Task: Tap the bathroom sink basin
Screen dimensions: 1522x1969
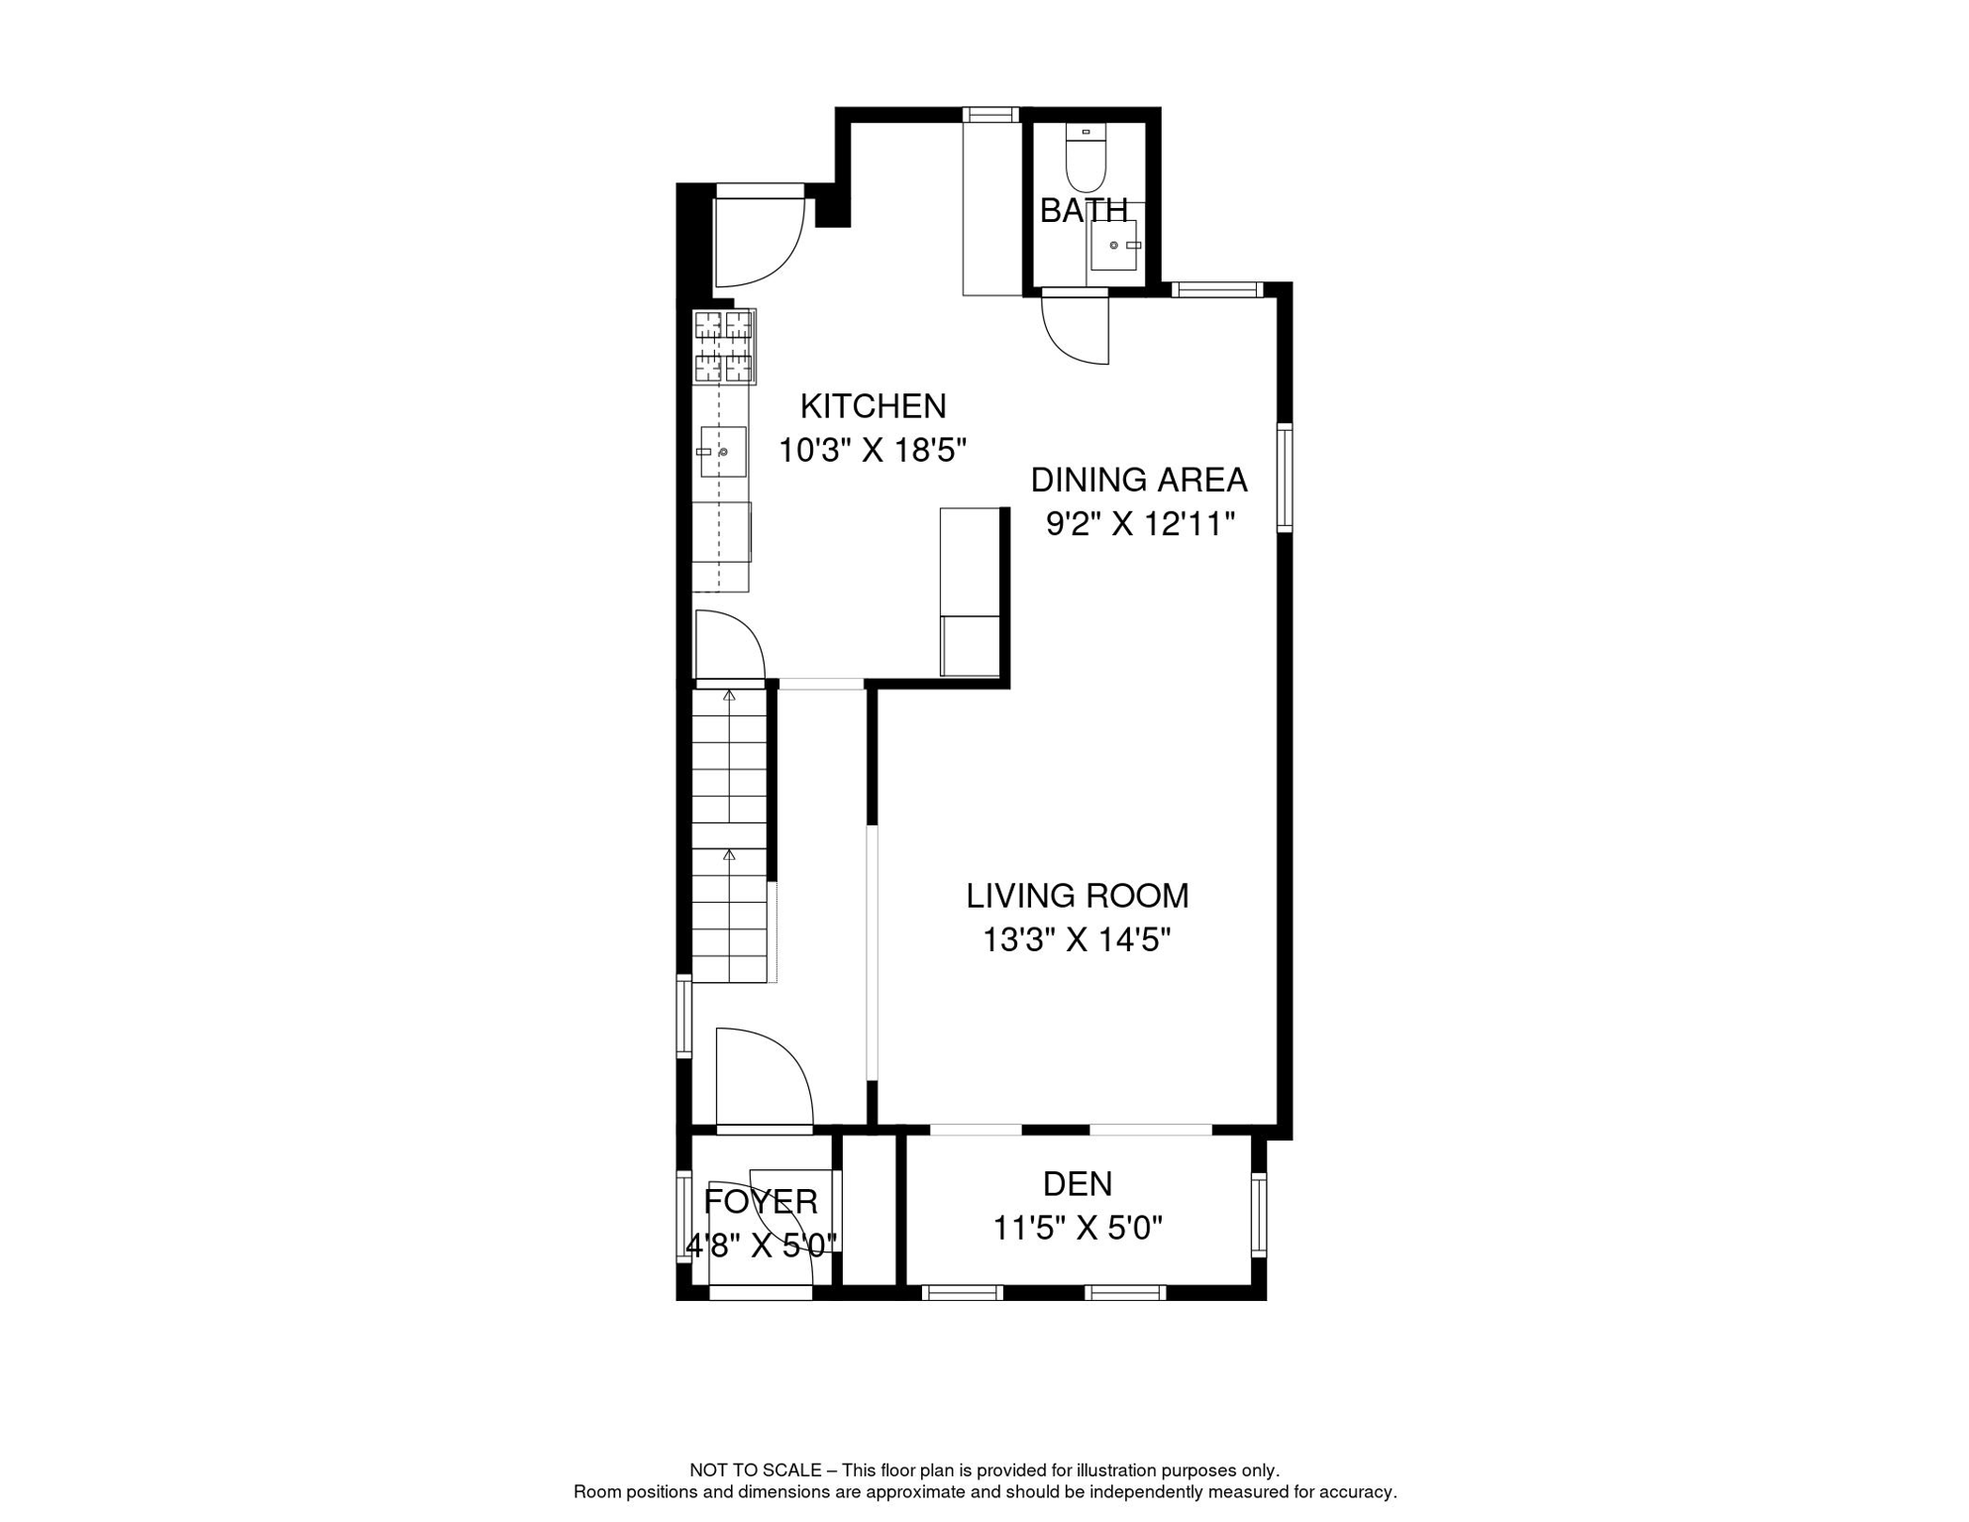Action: [1114, 245]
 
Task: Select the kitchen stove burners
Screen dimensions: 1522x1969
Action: [724, 346]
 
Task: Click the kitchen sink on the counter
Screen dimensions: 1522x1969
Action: [723, 452]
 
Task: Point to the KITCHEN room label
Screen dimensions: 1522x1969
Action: [873, 406]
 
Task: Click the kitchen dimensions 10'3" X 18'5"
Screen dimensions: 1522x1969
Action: [872, 451]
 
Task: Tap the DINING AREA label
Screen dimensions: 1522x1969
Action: [1138, 480]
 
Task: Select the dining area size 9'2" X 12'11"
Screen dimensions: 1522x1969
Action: [1140, 523]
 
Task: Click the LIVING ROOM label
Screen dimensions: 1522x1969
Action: [1077, 896]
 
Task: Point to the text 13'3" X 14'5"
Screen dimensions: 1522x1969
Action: [1077, 939]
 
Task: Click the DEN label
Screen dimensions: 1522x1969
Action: [1077, 1184]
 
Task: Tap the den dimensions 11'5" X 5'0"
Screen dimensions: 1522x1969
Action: [1077, 1229]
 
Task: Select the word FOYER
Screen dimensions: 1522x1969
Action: [760, 1202]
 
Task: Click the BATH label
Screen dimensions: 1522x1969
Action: [1084, 210]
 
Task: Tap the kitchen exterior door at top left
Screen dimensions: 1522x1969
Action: [758, 238]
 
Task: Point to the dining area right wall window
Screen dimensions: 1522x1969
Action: [1285, 478]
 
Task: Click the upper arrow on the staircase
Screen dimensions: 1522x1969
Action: [729, 697]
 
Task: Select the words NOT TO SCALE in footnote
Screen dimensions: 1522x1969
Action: [755, 1470]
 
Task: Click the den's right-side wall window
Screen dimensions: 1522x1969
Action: [1259, 1215]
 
